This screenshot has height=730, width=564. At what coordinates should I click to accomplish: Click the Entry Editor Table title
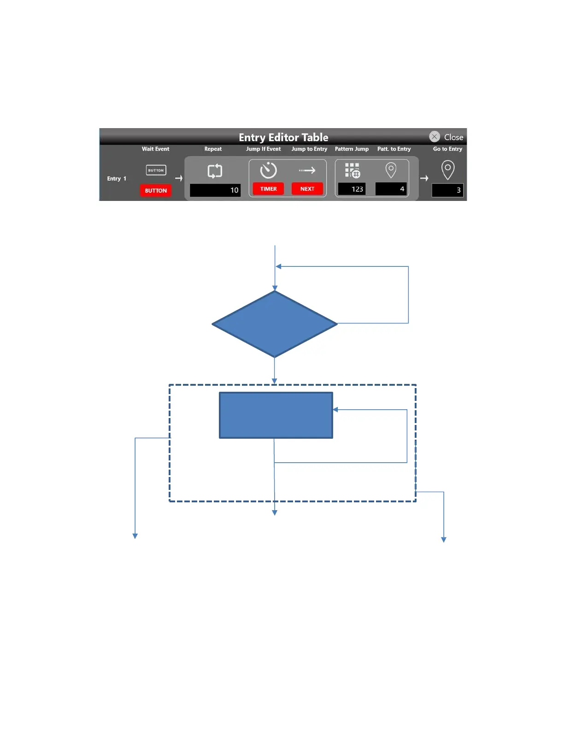coord(283,137)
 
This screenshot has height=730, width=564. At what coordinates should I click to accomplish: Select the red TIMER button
coord(268,189)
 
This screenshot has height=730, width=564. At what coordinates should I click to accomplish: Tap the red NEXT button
coord(307,189)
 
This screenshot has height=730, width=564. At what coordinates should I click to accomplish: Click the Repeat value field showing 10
coord(215,190)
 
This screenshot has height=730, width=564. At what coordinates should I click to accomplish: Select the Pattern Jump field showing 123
coord(352,189)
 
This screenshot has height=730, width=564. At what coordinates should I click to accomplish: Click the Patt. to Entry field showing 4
coord(391,189)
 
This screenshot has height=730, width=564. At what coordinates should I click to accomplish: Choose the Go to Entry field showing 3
coord(447,190)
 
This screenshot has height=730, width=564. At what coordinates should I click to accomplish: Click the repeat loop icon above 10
coord(215,171)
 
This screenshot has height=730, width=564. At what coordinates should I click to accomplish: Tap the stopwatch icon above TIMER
coord(268,170)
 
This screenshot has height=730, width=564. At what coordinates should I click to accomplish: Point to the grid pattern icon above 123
coord(352,171)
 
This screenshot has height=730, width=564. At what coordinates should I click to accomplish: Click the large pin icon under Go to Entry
coord(447,170)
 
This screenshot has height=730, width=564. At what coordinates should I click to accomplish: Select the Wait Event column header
coord(155,149)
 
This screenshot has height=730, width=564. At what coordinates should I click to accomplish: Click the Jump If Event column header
coord(263,149)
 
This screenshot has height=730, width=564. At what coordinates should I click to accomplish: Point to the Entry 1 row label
coord(117,178)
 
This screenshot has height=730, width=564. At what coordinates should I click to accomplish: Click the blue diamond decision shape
coord(275,324)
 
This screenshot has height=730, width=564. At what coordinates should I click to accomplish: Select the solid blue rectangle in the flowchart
coord(276,415)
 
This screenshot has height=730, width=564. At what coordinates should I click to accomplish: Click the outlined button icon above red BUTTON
coord(156,170)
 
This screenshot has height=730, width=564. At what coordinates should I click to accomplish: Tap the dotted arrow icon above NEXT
coord(307,171)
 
